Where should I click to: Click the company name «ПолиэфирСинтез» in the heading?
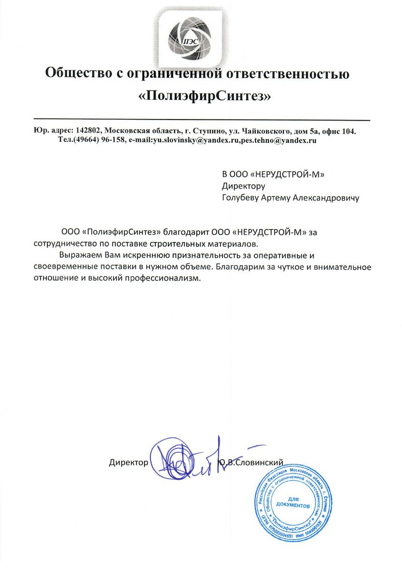[205, 96]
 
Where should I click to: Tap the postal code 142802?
[88, 131]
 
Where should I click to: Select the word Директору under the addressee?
[244, 186]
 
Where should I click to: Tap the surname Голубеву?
[242, 197]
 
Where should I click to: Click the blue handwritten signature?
[193, 460]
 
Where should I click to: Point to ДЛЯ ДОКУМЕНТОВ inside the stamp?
[292, 501]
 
